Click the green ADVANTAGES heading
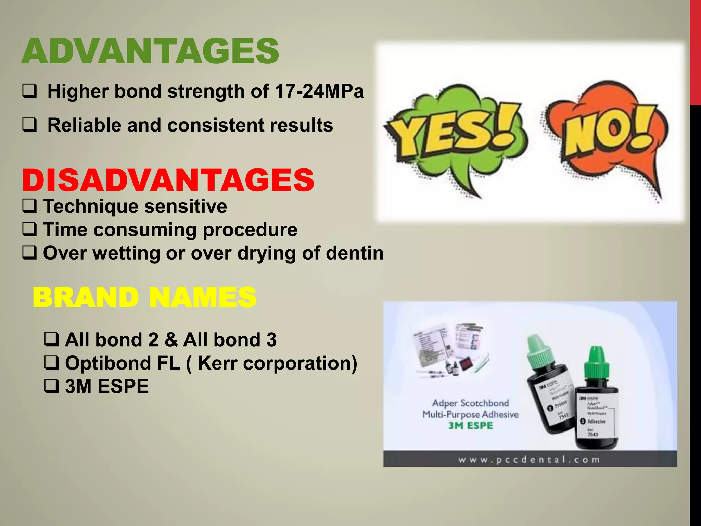point(150,51)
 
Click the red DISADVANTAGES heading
point(168,180)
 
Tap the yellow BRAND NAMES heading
point(144,297)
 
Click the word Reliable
point(84,125)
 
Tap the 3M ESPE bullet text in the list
point(106,386)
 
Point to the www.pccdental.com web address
point(529,460)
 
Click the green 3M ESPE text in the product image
point(470,426)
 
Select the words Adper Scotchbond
point(470,403)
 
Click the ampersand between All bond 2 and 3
point(171,340)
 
